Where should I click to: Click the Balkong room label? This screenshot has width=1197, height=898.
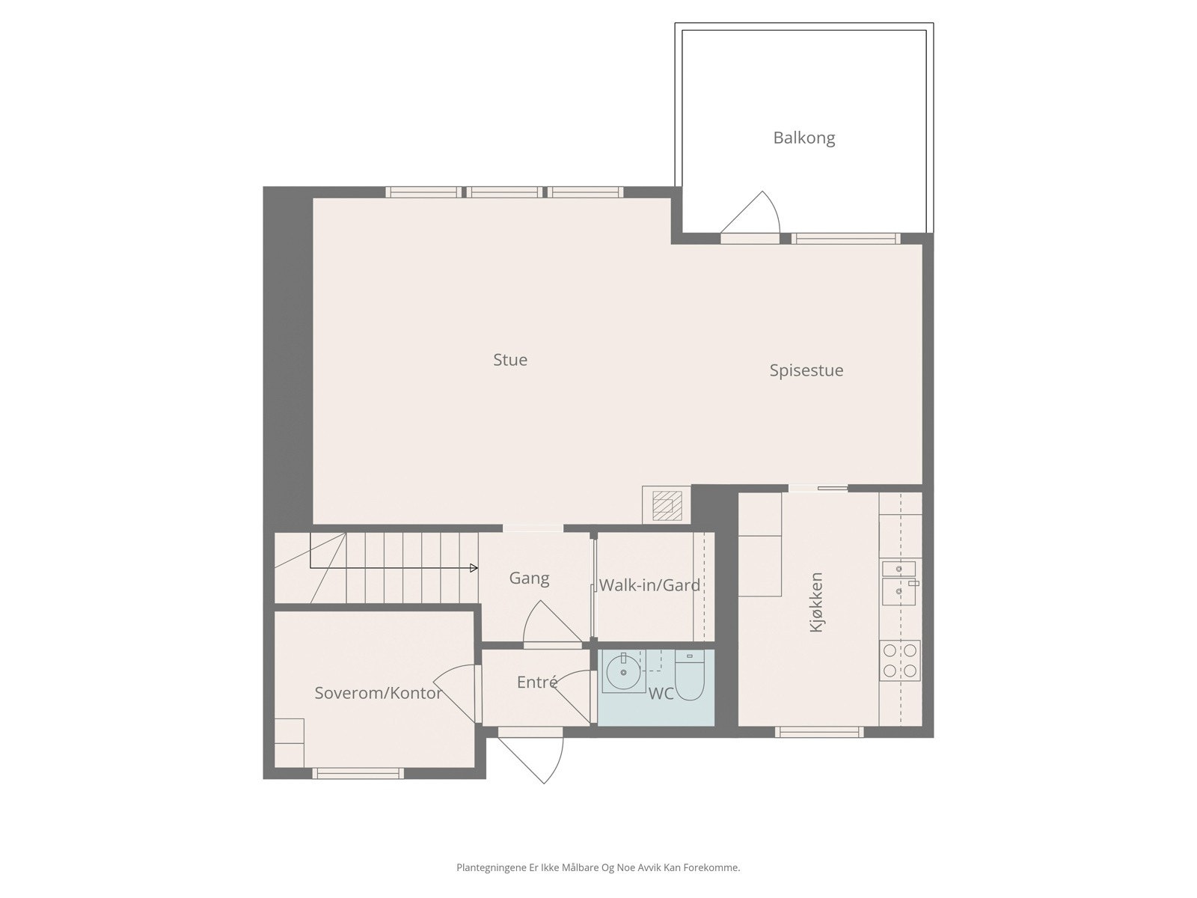pos(803,138)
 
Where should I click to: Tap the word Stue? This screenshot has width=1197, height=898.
pos(510,360)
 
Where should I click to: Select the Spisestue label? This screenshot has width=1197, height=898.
pos(806,370)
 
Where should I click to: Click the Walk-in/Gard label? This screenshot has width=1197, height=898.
pos(649,585)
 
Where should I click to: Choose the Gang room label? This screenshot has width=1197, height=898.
pos(529,578)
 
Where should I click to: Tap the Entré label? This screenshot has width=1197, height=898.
pos(536,682)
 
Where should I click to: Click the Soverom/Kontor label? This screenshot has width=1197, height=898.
pos(378,693)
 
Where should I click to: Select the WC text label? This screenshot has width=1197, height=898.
pos(661,694)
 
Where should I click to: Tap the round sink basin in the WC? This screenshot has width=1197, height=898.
pos(622,672)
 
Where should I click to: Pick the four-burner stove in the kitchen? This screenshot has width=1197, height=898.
pos(900,661)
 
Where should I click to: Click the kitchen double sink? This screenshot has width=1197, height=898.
pos(899,582)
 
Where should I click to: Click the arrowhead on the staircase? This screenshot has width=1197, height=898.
pos(474,568)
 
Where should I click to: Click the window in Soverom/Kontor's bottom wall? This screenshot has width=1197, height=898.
pos(358,773)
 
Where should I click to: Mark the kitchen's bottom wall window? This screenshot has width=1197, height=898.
pos(819,731)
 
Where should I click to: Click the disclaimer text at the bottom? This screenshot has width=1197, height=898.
pos(598,868)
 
